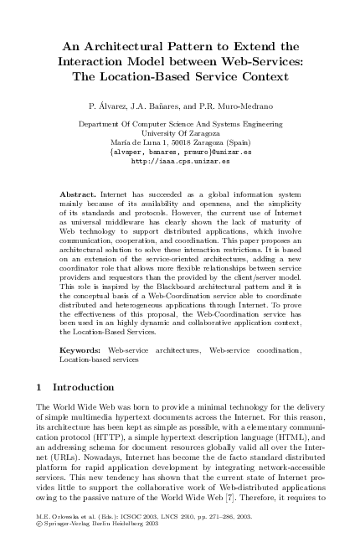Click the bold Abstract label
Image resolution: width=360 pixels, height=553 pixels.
[x=78, y=194]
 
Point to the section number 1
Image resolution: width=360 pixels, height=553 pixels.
[x=42, y=387]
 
